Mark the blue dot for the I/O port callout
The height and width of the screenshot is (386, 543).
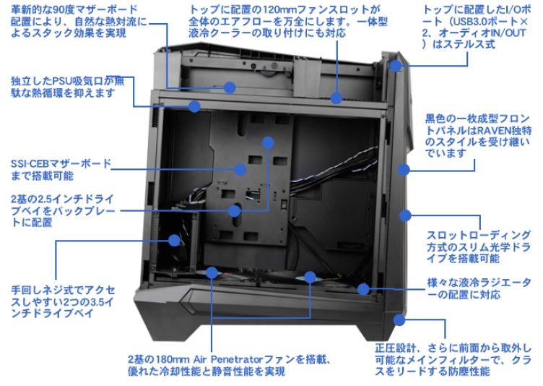(x=395, y=67)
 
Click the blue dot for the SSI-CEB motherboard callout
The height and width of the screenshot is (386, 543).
(x=268, y=143)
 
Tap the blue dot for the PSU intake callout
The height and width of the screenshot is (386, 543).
(x=194, y=106)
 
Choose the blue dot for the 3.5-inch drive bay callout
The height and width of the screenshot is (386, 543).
(x=174, y=240)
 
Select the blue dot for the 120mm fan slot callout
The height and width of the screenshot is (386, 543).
(x=336, y=98)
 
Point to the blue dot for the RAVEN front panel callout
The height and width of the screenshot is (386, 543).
(x=404, y=171)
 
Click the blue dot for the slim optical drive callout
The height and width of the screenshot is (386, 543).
(x=406, y=215)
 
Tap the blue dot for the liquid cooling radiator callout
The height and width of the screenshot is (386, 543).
(x=363, y=291)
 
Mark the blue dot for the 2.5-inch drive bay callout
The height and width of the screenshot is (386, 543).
(x=234, y=211)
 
